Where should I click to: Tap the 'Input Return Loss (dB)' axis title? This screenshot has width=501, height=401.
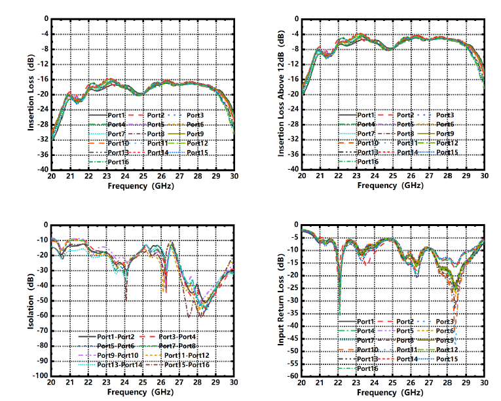coord(280,299)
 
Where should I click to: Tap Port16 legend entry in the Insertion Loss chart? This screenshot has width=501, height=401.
coord(114,162)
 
